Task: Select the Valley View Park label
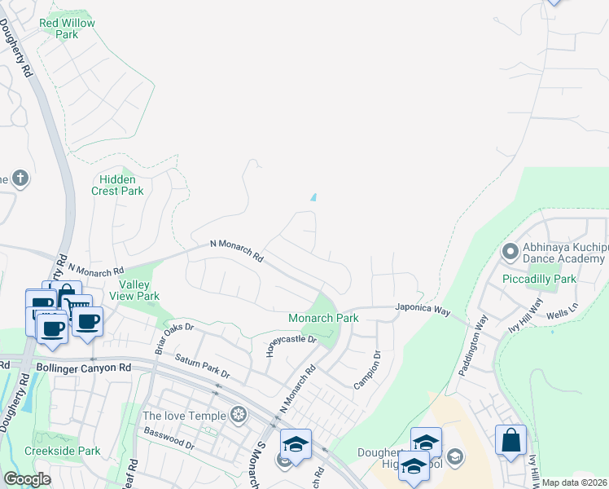point(139,290)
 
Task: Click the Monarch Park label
point(323,318)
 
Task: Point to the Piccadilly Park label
point(541,279)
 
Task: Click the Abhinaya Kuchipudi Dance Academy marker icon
point(511,251)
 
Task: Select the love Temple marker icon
point(239,415)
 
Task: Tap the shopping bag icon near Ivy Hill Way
point(510,440)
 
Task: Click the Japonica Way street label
point(423,310)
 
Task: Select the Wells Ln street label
point(561,311)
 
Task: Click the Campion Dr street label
point(366,369)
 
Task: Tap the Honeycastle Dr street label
point(291,345)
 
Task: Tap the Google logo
point(27,479)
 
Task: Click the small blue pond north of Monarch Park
point(313,196)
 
